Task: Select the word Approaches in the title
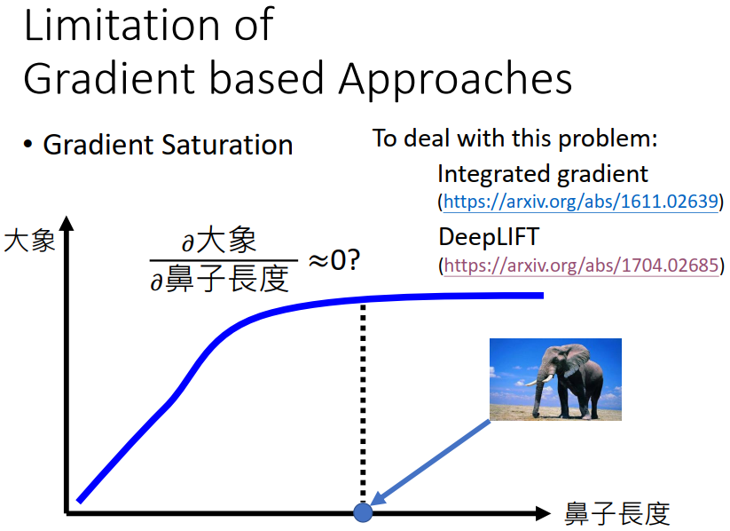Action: click(456, 79)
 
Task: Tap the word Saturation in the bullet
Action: click(227, 145)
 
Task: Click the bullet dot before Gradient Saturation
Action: click(27, 145)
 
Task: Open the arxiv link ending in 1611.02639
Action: click(581, 202)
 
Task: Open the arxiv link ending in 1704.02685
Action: click(582, 265)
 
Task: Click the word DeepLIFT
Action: click(489, 237)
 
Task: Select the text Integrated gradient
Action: click(543, 174)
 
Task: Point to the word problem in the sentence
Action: click(608, 139)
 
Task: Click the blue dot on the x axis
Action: click(363, 512)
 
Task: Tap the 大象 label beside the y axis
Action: click(29, 242)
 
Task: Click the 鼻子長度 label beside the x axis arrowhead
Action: click(617, 514)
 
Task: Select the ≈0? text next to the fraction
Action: click(334, 259)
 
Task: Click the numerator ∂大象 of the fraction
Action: click(219, 241)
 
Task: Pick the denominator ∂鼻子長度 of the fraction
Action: click(219, 279)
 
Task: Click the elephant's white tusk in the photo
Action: click(537, 381)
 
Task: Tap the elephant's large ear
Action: click(576, 360)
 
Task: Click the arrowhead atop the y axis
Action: click(67, 223)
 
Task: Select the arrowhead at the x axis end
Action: click(543, 513)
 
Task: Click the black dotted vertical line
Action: click(363, 404)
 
